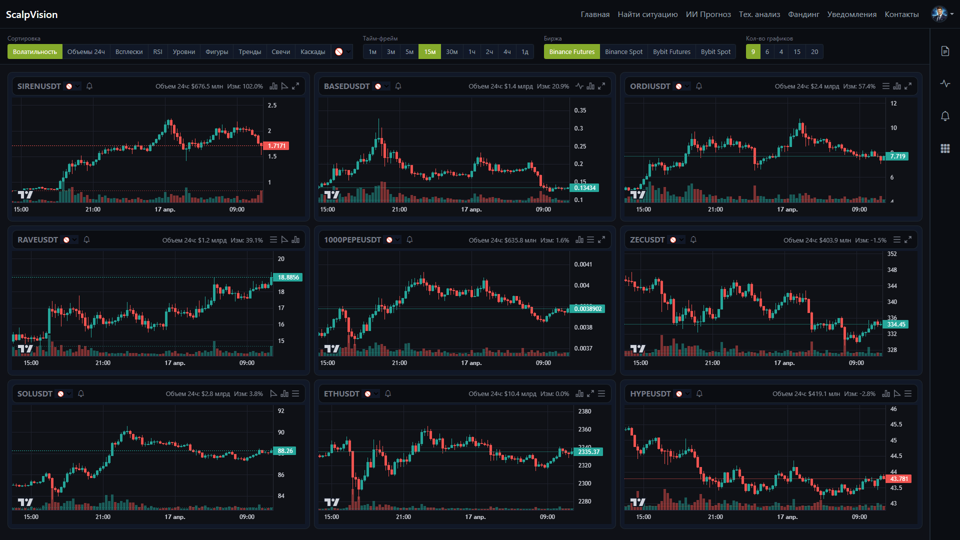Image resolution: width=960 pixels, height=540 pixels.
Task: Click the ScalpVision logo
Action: point(31,14)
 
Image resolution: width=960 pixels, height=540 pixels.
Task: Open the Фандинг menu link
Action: point(803,14)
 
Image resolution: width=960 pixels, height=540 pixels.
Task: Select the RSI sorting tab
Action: point(157,51)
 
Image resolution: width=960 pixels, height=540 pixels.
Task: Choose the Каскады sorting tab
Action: point(312,51)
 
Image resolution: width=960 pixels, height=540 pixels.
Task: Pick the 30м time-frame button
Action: point(451,51)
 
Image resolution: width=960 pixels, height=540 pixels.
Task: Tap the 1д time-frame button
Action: point(525,51)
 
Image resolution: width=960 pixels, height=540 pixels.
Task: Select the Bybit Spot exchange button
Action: point(715,51)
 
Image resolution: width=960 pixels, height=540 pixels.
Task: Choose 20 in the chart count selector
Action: point(814,51)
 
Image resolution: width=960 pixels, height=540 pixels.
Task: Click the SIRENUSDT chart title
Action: point(39,86)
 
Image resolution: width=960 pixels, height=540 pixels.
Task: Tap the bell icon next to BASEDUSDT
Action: point(398,86)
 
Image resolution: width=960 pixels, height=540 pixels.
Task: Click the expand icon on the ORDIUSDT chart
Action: point(908,86)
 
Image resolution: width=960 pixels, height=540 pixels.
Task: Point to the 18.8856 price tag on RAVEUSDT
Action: point(288,277)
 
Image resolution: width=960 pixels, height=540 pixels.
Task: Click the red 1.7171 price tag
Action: point(276,146)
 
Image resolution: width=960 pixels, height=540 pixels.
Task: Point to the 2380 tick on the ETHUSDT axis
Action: point(584,411)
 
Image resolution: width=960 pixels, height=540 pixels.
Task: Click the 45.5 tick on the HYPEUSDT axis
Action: point(896,424)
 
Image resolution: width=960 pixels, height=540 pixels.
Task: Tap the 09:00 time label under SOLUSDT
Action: point(247,517)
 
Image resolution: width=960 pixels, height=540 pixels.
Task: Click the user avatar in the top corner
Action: point(939,14)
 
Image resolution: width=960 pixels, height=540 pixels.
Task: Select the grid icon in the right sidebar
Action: point(945,148)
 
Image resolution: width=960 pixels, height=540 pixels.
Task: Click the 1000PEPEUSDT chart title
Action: point(352,240)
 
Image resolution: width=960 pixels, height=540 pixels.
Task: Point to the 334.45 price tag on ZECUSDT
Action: point(896,324)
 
